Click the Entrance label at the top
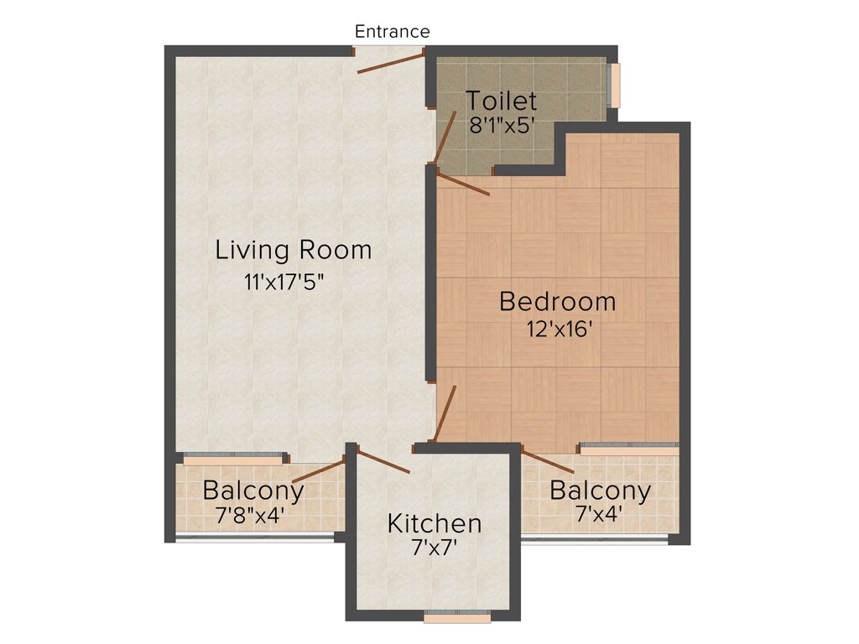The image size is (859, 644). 392,32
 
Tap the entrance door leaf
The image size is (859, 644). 391,63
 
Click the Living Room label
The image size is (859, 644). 293,250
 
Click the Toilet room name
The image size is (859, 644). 501,101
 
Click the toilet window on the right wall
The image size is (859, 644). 616,86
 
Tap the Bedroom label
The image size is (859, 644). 557,301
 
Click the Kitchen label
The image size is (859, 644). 434,524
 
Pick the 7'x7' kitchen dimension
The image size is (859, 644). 434,549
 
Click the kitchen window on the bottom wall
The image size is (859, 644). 456,617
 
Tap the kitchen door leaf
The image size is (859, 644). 383,462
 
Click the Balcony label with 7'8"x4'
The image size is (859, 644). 252,490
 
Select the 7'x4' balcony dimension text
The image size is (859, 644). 599,514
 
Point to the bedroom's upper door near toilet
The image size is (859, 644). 463,183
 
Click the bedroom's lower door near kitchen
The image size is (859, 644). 445,413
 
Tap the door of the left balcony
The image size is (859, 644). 319,470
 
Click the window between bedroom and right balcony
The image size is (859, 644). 628,450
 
